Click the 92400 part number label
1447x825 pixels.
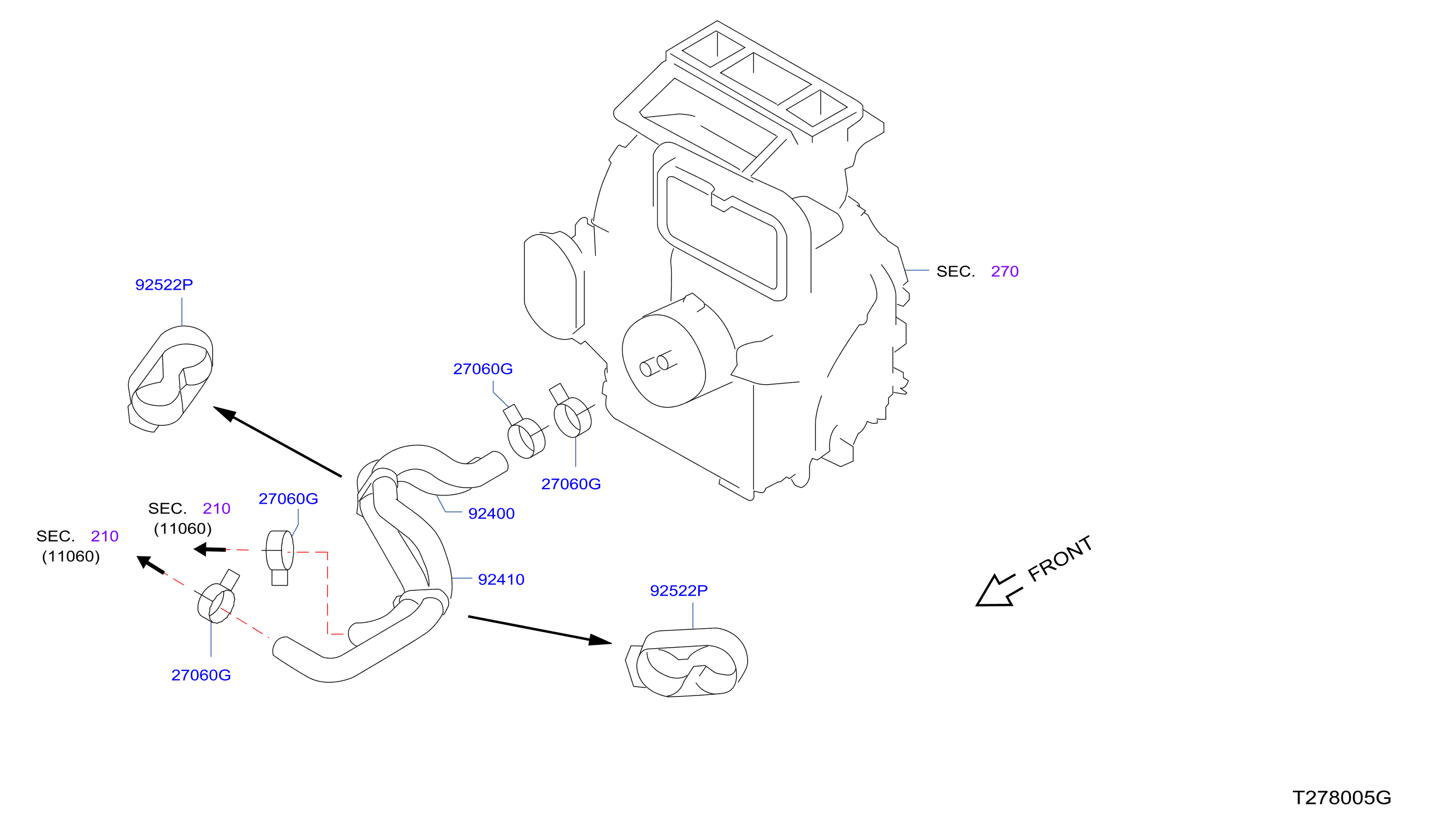(491, 514)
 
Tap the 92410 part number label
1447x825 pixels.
(501, 580)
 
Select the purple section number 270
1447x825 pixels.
(1004, 271)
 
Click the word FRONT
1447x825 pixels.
(1059, 559)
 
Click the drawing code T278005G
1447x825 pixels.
(1341, 798)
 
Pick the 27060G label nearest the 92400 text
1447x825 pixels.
(570, 484)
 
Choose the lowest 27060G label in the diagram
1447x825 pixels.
(201, 675)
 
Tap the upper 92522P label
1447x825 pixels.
(164, 285)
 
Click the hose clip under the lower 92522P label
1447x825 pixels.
(686, 662)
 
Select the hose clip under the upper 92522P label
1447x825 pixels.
(170, 379)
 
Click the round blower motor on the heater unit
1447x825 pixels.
(663, 360)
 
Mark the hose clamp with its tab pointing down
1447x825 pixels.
(279, 556)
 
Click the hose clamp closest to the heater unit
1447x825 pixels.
(571, 412)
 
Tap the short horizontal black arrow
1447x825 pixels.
(209, 549)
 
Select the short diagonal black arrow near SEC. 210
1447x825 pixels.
(151, 565)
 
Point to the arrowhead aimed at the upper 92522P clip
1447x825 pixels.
(225, 414)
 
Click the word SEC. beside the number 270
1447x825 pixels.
(955, 271)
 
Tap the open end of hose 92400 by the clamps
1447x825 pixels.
(500, 460)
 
